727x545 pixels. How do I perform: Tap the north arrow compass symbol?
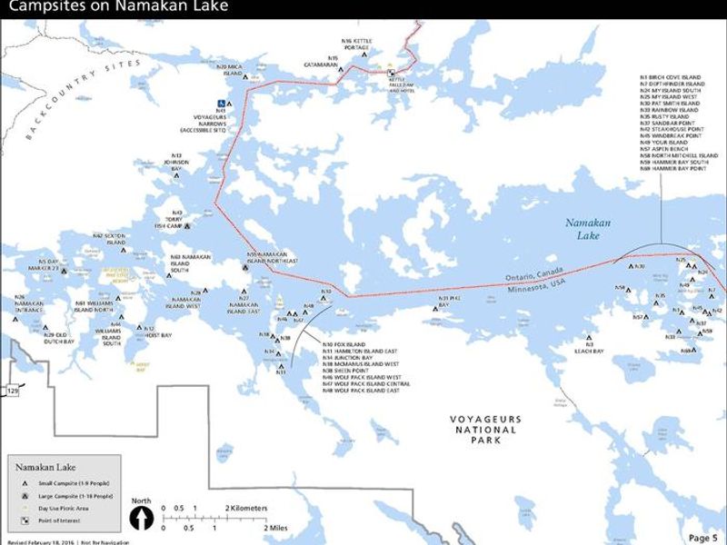point(141,519)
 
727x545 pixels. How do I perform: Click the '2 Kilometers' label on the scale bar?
point(246,508)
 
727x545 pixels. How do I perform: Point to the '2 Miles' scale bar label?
point(276,527)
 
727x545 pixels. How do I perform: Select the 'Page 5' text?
point(702,538)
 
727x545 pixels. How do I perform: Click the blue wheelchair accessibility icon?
point(220,103)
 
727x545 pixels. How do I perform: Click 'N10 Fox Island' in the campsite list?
point(343,345)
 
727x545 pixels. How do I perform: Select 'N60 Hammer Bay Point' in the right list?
point(673,169)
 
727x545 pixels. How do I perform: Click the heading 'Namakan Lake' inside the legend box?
point(39,466)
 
